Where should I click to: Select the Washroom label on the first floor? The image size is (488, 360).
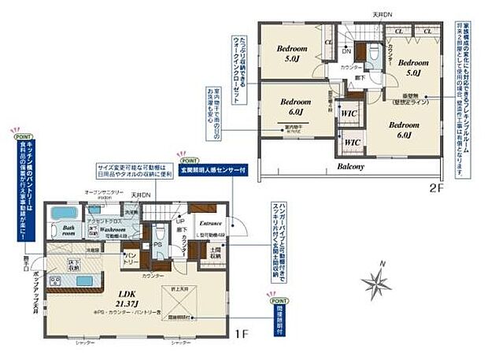[106, 230]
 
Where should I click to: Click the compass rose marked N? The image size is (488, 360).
[376, 280]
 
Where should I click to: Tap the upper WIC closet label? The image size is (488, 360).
[348, 113]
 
